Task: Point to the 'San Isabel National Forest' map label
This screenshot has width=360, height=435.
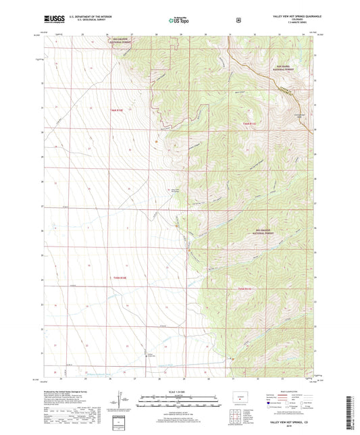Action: pyautogui.click(x=284, y=68)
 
